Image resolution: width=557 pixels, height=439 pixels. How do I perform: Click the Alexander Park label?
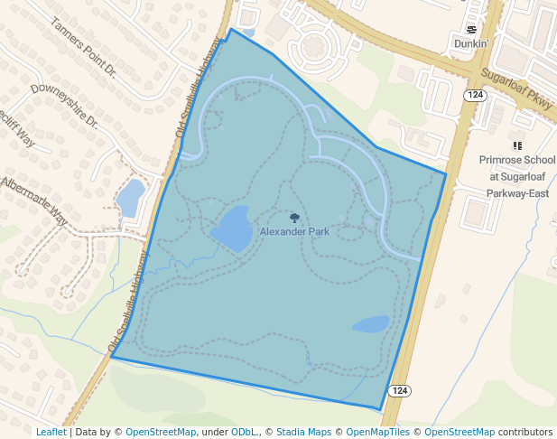pos(294,232)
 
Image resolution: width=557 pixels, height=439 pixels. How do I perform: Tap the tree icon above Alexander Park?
pos(294,218)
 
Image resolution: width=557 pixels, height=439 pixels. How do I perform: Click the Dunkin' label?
pos(470,43)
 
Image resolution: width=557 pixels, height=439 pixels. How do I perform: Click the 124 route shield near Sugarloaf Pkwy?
pos(476,95)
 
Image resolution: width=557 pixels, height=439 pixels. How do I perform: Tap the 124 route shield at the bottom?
pos(400,390)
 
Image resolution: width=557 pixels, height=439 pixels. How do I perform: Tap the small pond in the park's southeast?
pos(370,323)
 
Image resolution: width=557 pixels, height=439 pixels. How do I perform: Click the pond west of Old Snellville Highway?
pos(130,196)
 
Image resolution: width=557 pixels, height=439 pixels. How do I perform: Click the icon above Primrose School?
pos(517,145)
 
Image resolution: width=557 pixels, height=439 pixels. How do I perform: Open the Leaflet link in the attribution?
pos(51,432)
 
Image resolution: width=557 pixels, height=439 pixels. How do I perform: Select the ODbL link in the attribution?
pos(244,432)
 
